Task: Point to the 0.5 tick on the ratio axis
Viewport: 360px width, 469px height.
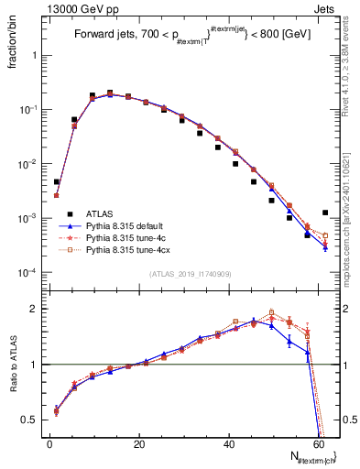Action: (33, 420)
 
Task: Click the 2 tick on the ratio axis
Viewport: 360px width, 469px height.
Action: (37, 309)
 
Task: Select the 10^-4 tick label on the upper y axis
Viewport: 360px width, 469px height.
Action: (31, 273)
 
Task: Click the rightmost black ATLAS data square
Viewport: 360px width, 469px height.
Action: (325, 213)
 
